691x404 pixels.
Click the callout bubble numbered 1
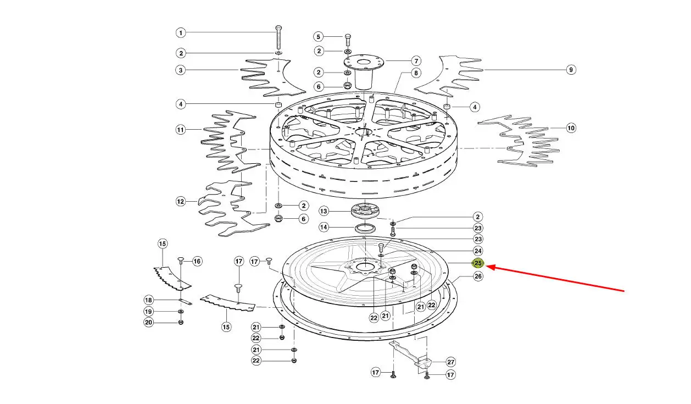[181, 33]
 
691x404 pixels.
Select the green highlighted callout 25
[478, 263]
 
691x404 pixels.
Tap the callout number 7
[416, 61]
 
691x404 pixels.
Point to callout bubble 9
[571, 70]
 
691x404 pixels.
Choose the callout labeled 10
[571, 128]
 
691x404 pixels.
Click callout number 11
[181, 130]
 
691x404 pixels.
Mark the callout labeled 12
[181, 202]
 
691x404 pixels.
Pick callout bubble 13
[324, 211]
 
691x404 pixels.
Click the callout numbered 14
[324, 228]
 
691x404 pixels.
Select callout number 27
[451, 362]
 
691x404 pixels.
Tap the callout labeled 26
[478, 276]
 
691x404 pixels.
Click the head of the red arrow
[487, 267]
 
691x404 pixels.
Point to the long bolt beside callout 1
[278, 38]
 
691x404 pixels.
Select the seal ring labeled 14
[365, 229]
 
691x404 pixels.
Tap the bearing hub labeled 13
[365, 211]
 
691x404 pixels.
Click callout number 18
[148, 300]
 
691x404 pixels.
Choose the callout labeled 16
[197, 262]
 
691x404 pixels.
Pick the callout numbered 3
[181, 70]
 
